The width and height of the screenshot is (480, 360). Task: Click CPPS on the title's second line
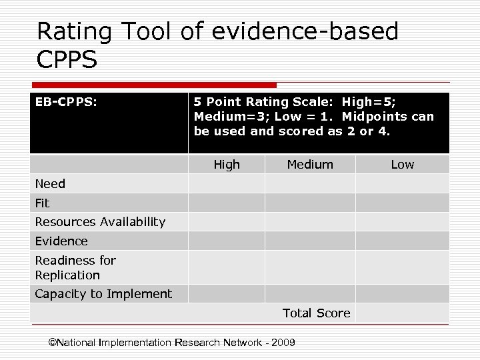pyautogui.click(x=67, y=60)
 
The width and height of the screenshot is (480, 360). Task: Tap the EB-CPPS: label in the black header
pyautogui.click(x=67, y=102)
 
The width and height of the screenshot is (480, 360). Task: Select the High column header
pyautogui.click(x=227, y=165)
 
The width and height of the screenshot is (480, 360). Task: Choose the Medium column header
pyautogui.click(x=310, y=165)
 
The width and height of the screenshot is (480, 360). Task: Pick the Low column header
pyautogui.click(x=402, y=165)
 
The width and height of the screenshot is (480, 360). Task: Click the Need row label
pyautogui.click(x=50, y=184)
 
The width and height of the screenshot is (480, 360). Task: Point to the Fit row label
pyautogui.click(x=42, y=203)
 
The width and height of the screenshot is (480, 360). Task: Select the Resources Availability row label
pyautogui.click(x=100, y=222)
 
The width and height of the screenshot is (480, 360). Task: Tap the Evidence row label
pyautogui.click(x=61, y=241)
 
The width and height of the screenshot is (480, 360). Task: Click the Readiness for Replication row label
pyautogui.click(x=75, y=267)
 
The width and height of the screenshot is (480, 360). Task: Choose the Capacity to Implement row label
pyautogui.click(x=103, y=294)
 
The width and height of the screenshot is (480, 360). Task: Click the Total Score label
pyautogui.click(x=316, y=313)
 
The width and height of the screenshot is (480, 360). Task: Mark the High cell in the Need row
pyautogui.click(x=227, y=183)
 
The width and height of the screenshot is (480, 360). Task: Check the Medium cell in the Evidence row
pyautogui.click(x=310, y=241)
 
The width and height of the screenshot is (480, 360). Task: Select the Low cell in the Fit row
pyautogui.click(x=402, y=203)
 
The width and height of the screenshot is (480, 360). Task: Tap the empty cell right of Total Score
pyautogui.click(x=402, y=313)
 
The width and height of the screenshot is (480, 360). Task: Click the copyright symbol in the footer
pyautogui.click(x=53, y=343)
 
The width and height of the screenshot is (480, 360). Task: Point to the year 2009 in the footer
pyautogui.click(x=284, y=343)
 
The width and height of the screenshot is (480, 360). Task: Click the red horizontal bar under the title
pyautogui.click(x=153, y=85)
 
